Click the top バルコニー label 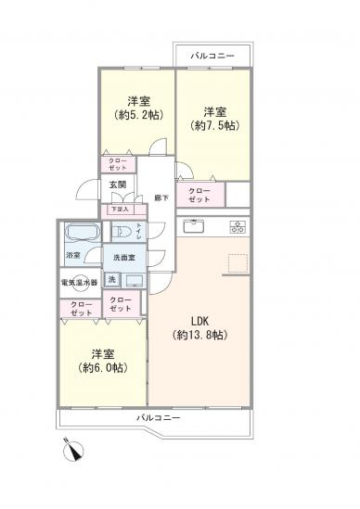[x=212, y=57]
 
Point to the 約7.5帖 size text [x=212, y=123]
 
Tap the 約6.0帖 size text [x=102, y=368]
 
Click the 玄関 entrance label [x=118, y=185]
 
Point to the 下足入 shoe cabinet [x=121, y=210]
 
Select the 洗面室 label [x=125, y=257]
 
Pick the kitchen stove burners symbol [x=237, y=225]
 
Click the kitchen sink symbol [x=193, y=225]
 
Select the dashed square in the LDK [x=237, y=263]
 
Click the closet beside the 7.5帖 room [x=199, y=195]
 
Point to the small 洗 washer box [x=111, y=279]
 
